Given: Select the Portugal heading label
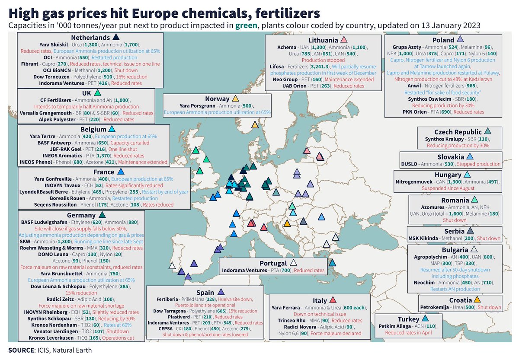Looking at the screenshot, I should (x=273, y=263).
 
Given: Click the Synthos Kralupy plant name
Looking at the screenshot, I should (x=436, y=140).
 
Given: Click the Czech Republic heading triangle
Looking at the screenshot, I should (x=487, y=131).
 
